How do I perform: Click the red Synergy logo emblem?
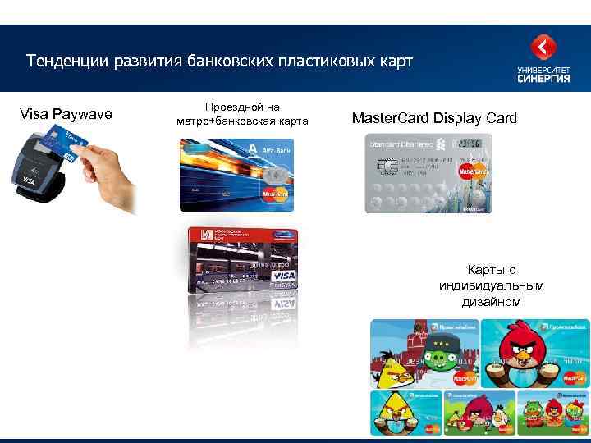544,47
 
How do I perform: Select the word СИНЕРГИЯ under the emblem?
544,80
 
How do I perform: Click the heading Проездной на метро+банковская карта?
241,114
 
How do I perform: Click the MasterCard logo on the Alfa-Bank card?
274,194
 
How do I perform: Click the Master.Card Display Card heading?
434,118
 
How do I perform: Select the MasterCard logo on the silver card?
474,171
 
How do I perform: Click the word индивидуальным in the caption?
492,285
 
